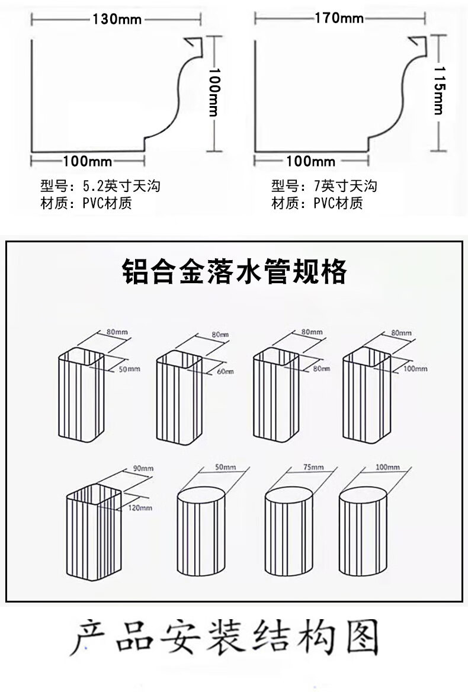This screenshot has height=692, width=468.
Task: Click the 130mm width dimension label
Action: click(117, 19)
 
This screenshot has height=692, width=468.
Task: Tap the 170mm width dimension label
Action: click(339, 18)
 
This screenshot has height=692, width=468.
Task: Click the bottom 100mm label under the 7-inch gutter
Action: click(310, 161)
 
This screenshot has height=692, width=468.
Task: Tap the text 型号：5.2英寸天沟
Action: click(100, 187)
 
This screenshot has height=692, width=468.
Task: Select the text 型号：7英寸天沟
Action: click(324, 187)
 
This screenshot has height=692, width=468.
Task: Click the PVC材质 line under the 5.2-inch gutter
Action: click(86, 204)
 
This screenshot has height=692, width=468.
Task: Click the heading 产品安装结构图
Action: click(225, 639)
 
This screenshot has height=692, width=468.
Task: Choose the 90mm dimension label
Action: click(143, 468)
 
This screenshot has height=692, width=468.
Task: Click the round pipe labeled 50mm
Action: click(201, 531)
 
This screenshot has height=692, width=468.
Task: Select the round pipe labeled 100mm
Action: click(363, 531)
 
